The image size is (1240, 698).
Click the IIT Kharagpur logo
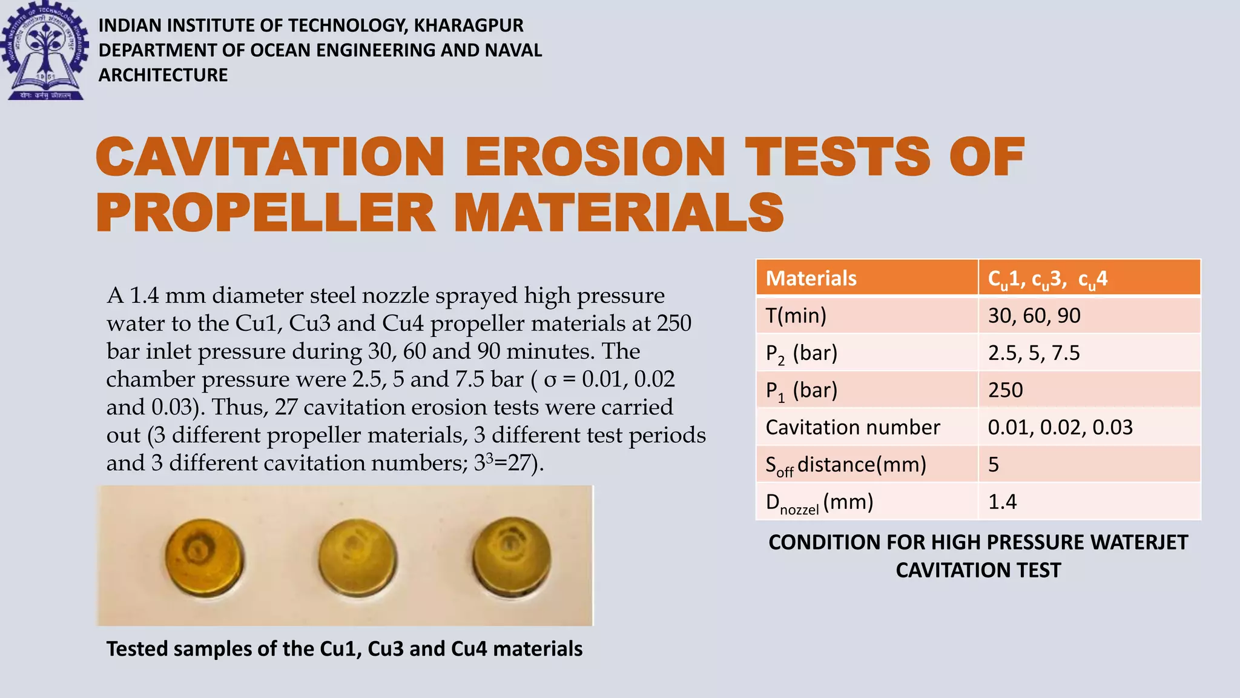pyautogui.click(x=45, y=51)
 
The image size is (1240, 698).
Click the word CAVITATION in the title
pyautogui.click(x=270, y=157)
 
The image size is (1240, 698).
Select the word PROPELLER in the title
pyautogui.click(x=265, y=213)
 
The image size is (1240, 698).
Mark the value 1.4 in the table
pyautogui.click(x=1003, y=502)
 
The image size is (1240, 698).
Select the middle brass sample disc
pyautogui.click(x=357, y=556)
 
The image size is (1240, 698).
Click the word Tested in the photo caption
pyautogui.click(x=137, y=649)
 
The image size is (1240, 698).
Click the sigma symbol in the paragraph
pyautogui.click(x=550, y=379)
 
